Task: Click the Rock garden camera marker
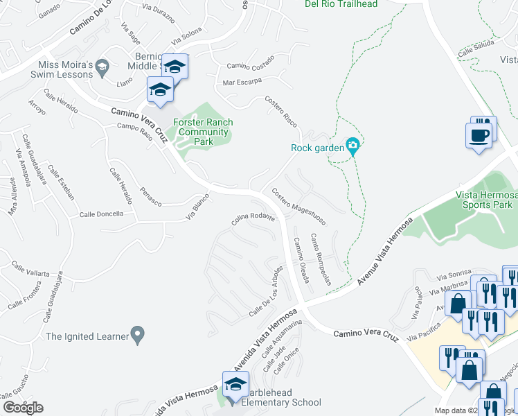coord(352,147)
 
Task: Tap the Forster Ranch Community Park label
coord(202,132)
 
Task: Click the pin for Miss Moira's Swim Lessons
coord(103,67)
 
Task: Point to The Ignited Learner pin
coord(137,336)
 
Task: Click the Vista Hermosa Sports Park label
coord(485,200)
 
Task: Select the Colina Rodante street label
coord(253,219)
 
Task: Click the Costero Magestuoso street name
coord(299,207)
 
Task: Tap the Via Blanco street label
coord(197,207)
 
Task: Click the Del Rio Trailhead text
coord(341,4)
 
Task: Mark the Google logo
coord(22,408)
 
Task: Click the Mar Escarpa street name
coord(242,81)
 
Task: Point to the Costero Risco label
coord(282,111)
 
